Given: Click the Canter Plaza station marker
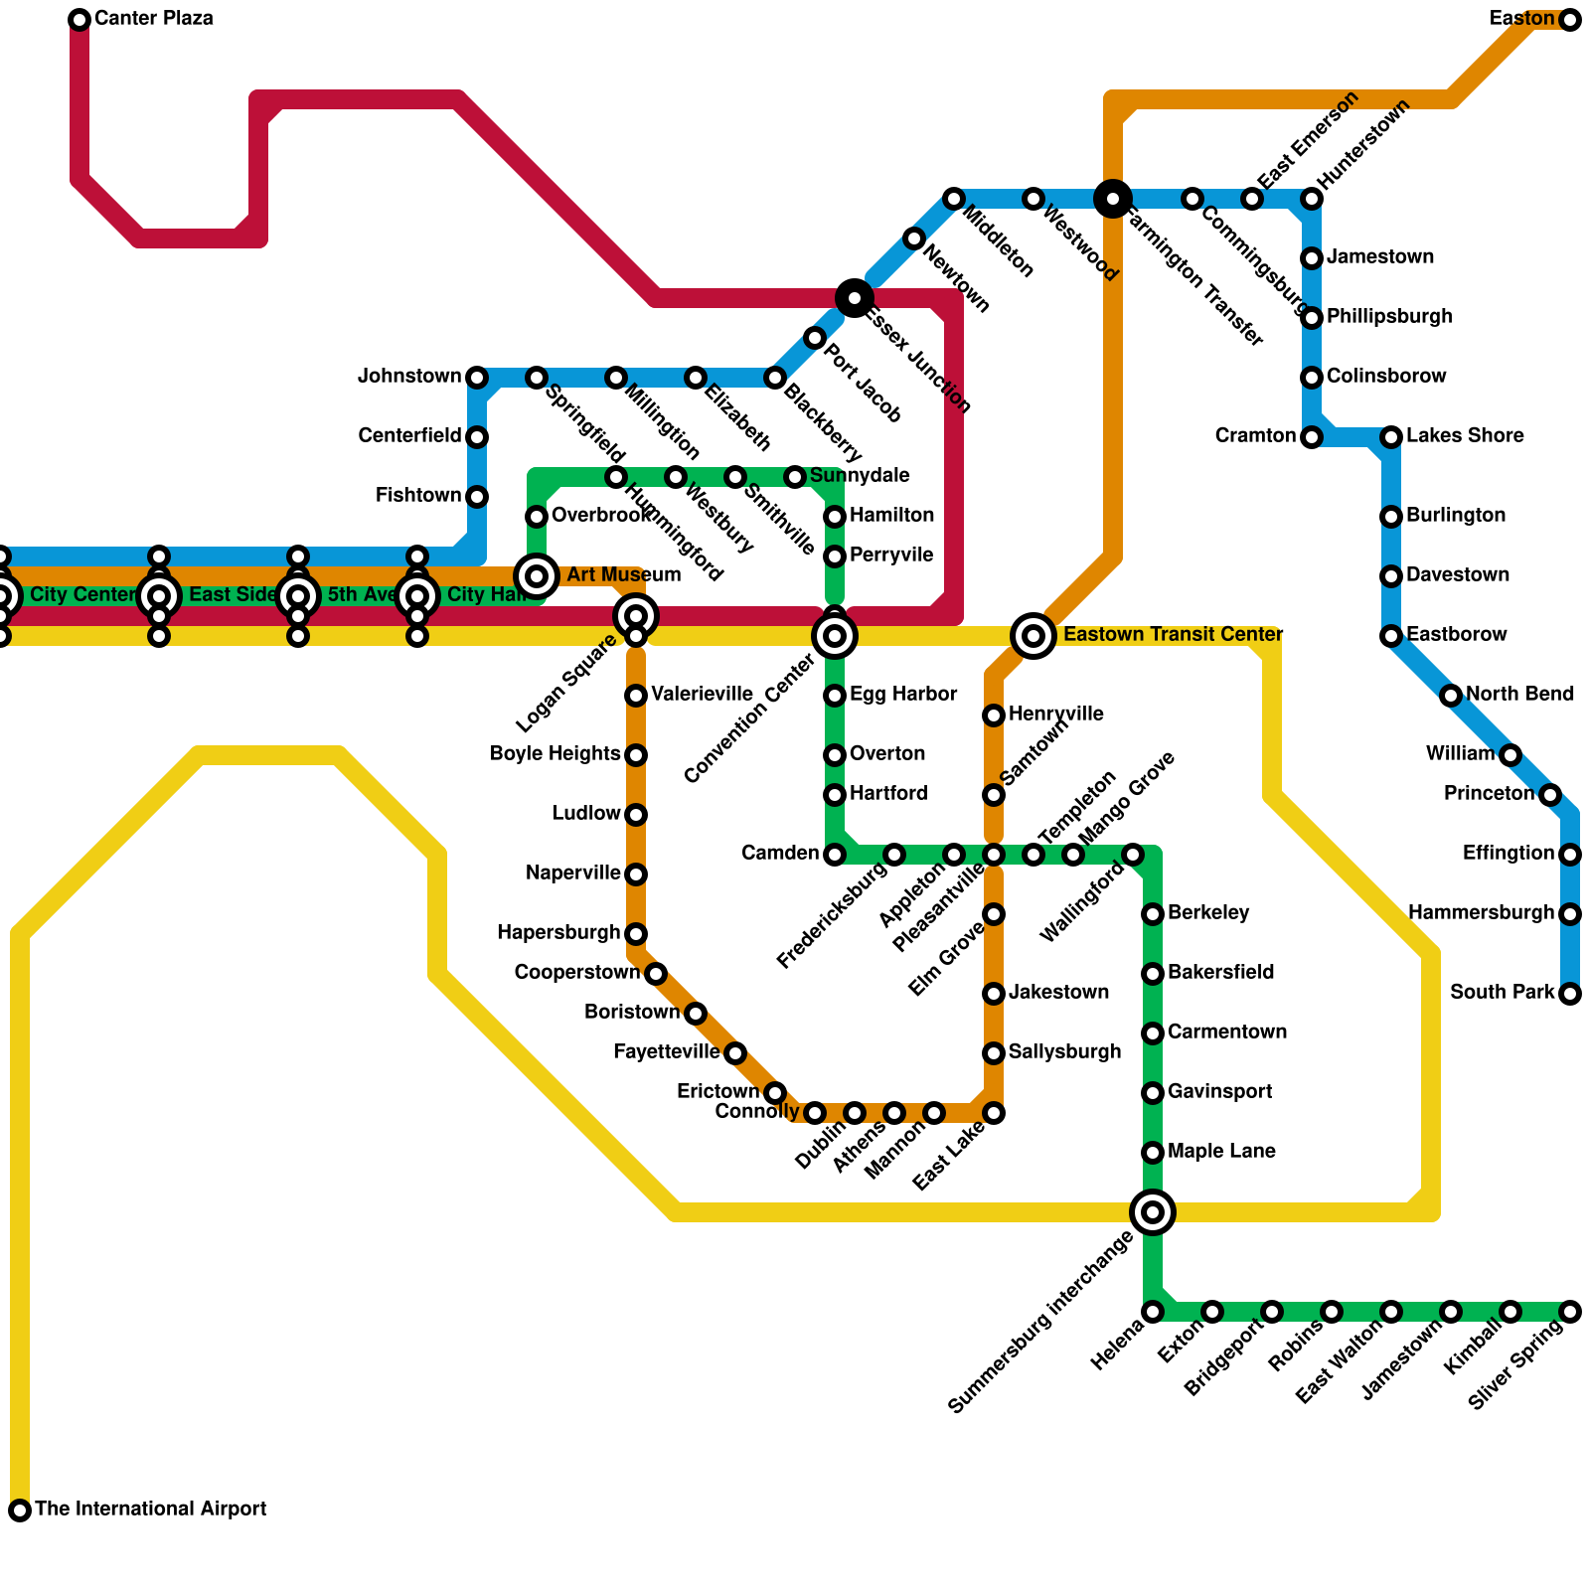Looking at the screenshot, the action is pyautogui.click(x=79, y=20).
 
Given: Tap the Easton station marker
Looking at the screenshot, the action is pyautogui.click(x=1569, y=20).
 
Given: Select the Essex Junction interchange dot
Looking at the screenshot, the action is pyautogui.click(x=855, y=297).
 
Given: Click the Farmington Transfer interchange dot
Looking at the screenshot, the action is pyautogui.click(x=1113, y=199).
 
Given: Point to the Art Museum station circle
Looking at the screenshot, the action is pyautogui.click(x=537, y=575).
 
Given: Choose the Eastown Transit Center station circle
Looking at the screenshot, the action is pyautogui.click(x=1033, y=635).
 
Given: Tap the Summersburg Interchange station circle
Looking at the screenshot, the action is pyautogui.click(x=1153, y=1211).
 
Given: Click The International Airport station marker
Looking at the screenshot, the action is pyautogui.click(x=20, y=1510).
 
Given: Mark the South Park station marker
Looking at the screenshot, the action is pyautogui.click(x=1569, y=994).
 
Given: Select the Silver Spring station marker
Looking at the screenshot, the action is pyautogui.click(x=1569, y=1312).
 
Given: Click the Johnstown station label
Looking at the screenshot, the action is pyautogui.click(x=409, y=377).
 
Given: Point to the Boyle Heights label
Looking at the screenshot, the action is pyautogui.click(x=555, y=754).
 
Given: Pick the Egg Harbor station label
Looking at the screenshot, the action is pyautogui.click(x=903, y=695).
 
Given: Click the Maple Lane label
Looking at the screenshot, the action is pyautogui.click(x=1221, y=1152).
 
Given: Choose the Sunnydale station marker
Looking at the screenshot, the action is pyautogui.click(x=795, y=477).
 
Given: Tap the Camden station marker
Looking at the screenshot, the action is pyautogui.click(x=835, y=855).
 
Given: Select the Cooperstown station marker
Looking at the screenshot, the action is pyautogui.click(x=656, y=974).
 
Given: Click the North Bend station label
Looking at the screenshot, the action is pyautogui.click(x=1519, y=695).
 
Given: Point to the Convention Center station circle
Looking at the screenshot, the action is pyautogui.click(x=835, y=635).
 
